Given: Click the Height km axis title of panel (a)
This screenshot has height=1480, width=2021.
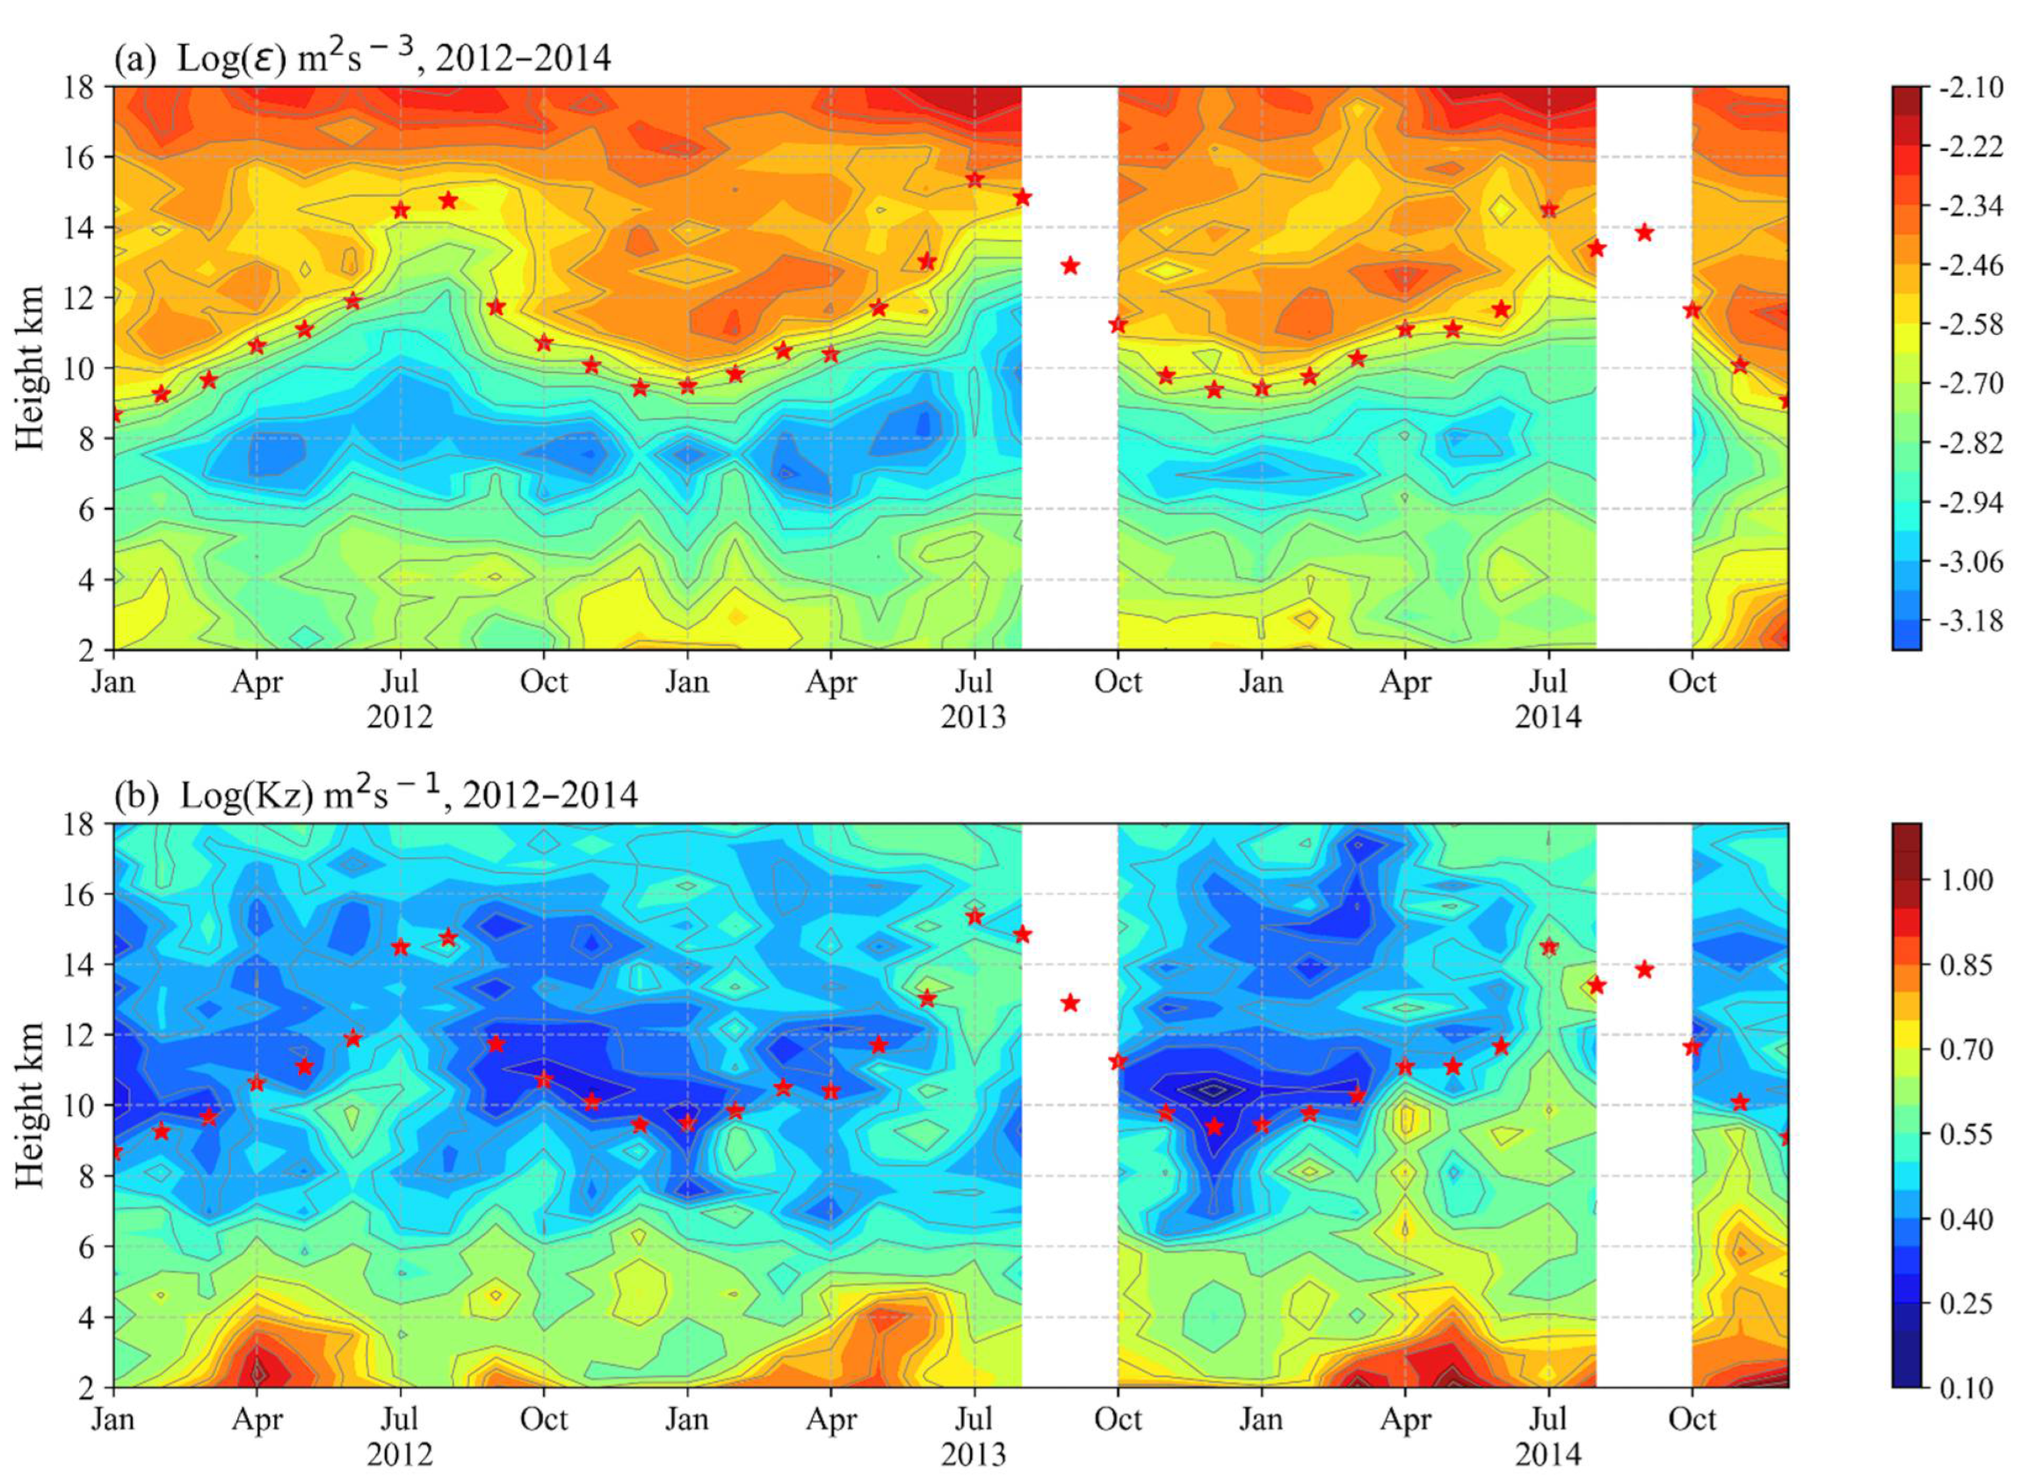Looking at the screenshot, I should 31,367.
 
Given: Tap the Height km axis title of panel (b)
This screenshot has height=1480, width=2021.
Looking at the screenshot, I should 31,1105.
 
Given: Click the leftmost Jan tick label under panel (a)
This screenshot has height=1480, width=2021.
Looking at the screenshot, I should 113,683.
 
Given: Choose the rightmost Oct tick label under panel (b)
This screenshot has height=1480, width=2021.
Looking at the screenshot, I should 1691,1420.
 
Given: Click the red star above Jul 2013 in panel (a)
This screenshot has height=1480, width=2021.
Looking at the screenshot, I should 974,179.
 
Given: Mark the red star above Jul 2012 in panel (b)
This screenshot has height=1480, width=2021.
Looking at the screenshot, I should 401,947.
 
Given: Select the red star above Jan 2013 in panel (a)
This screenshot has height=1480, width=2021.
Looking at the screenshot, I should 687,385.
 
